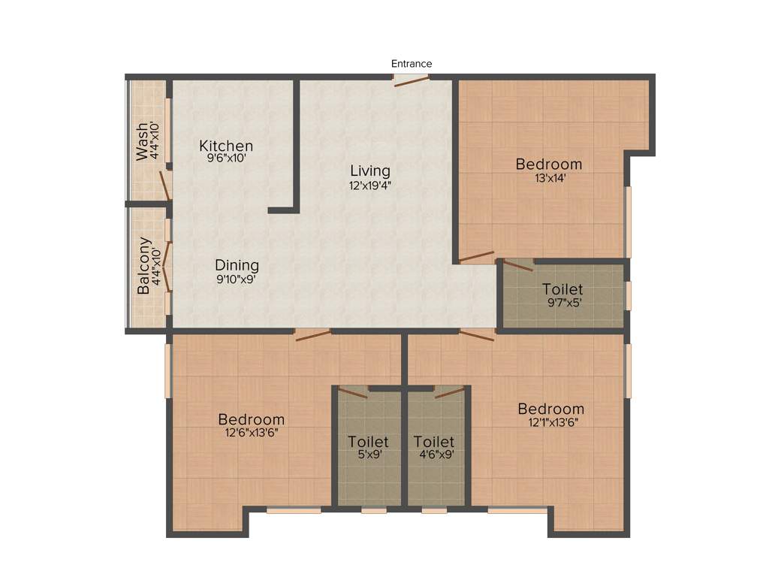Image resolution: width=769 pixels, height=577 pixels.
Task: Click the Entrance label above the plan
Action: [412, 64]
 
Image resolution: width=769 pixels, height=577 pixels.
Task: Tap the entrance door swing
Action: [412, 81]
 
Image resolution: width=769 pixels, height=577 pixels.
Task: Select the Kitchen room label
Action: [226, 146]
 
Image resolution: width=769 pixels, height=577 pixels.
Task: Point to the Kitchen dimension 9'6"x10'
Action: [226, 159]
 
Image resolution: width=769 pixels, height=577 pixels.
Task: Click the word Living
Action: [369, 171]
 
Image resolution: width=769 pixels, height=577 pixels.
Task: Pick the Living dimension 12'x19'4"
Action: [369, 185]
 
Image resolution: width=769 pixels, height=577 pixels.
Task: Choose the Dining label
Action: [237, 265]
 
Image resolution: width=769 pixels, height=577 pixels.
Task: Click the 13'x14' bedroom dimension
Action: [549, 179]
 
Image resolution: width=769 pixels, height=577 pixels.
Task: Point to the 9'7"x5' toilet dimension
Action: [562, 304]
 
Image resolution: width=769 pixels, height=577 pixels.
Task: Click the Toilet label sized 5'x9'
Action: [368, 442]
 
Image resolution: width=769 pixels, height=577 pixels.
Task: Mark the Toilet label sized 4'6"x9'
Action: [434, 442]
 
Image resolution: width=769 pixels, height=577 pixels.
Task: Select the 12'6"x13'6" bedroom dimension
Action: [252, 433]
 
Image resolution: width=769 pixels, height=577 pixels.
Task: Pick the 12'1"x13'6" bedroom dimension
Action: [551, 422]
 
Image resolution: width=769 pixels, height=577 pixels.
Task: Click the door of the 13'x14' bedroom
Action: [477, 257]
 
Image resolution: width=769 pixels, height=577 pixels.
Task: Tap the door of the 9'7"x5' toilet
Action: [518, 264]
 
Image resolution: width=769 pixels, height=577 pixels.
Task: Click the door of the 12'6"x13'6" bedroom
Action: [312, 335]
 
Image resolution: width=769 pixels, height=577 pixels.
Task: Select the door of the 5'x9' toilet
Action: [353, 391]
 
